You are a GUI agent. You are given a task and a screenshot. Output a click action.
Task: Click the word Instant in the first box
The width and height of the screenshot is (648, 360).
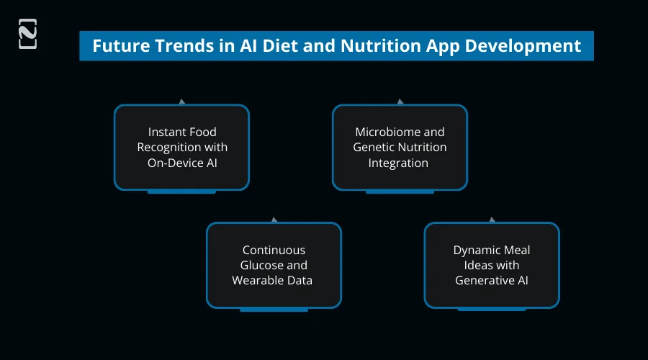[165, 132]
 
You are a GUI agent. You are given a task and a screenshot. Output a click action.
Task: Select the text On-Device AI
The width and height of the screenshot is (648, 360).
[182, 163]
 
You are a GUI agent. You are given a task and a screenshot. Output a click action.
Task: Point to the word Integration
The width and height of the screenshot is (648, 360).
[398, 163]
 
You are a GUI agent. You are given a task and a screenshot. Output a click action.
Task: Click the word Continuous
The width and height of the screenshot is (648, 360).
[274, 250]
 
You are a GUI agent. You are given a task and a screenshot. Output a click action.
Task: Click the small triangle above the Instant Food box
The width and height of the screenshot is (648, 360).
[181, 102]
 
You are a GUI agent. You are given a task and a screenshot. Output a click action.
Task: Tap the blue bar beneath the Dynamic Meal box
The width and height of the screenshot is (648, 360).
[491, 309]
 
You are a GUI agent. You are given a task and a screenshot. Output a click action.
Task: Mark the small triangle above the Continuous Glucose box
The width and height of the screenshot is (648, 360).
[274, 219]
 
